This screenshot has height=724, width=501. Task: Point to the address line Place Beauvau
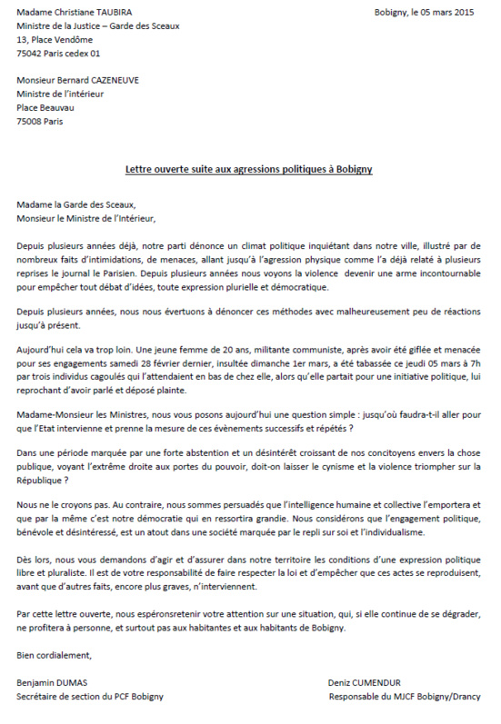tap(45, 107)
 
